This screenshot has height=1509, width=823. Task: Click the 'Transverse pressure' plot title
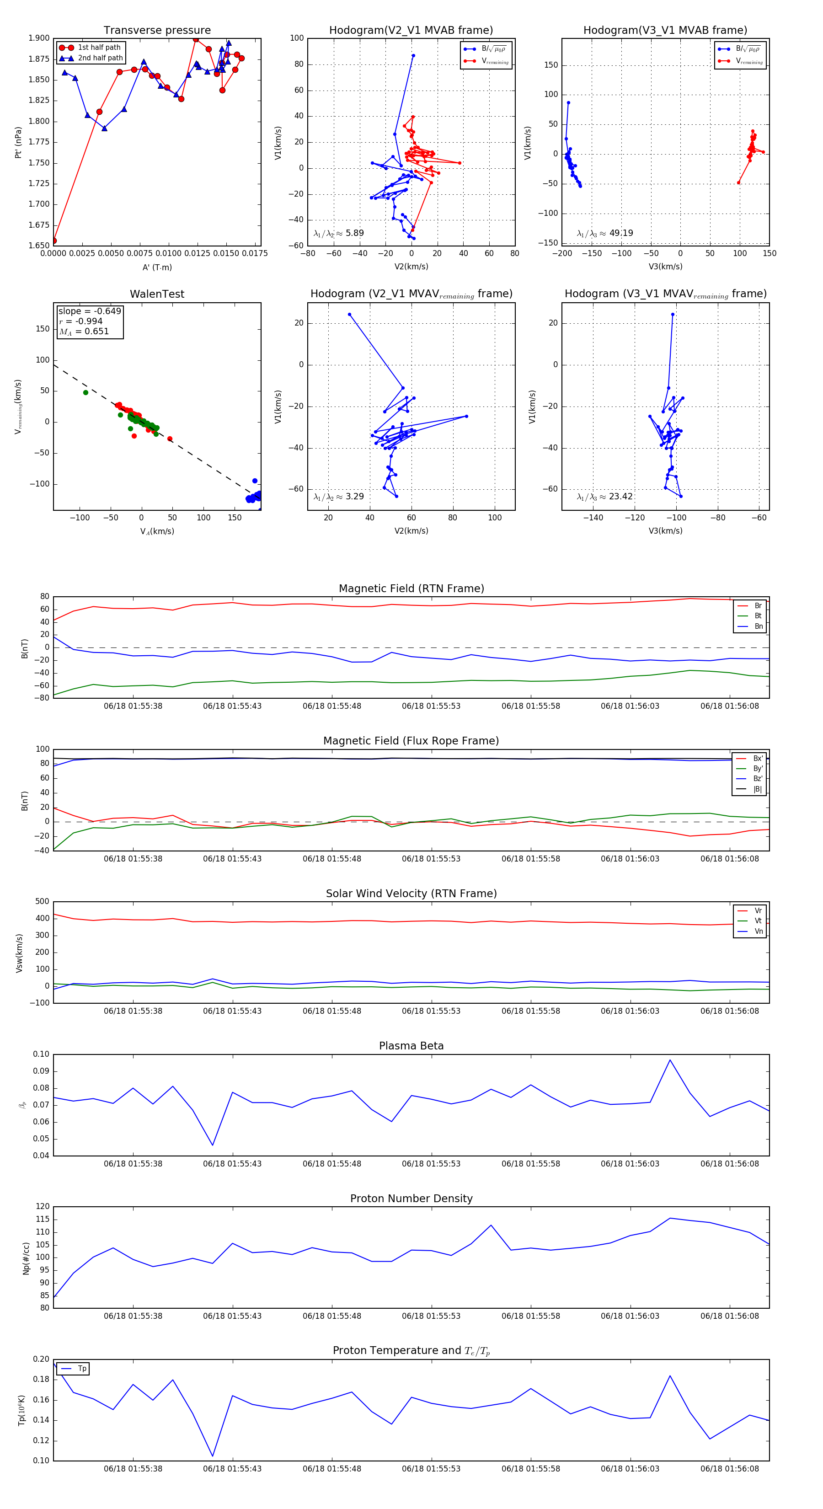pyautogui.click(x=157, y=31)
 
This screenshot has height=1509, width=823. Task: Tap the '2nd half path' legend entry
pyautogui.click(x=100, y=58)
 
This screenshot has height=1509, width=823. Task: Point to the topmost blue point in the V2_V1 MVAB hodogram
pyautogui.click(x=413, y=56)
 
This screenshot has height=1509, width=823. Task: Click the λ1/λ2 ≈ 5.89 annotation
pyautogui.click(x=338, y=233)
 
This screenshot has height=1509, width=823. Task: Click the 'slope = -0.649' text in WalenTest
pyautogui.click(x=90, y=311)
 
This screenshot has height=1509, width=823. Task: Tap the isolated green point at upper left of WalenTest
pyautogui.click(x=86, y=392)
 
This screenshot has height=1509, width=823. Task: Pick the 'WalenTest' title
pyautogui.click(x=157, y=294)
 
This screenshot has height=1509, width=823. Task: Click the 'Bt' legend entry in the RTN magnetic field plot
pyautogui.click(x=758, y=615)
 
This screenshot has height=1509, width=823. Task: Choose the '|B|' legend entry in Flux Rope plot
pyautogui.click(x=758, y=789)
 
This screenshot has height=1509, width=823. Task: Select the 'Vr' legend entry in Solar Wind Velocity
pyautogui.click(x=758, y=911)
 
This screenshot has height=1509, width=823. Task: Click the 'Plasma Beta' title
pyautogui.click(x=411, y=1046)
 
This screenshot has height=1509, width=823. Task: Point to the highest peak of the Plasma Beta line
pyautogui.click(x=670, y=1060)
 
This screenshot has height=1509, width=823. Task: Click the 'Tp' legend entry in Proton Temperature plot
pyautogui.click(x=82, y=1369)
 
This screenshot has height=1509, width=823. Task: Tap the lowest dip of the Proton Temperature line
pyautogui.click(x=213, y=1455)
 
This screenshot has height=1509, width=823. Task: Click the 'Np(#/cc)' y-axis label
pyautogui.click(x=26, y=1258)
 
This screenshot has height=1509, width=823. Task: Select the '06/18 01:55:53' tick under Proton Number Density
pyautogui.click(x=431, y=1316)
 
